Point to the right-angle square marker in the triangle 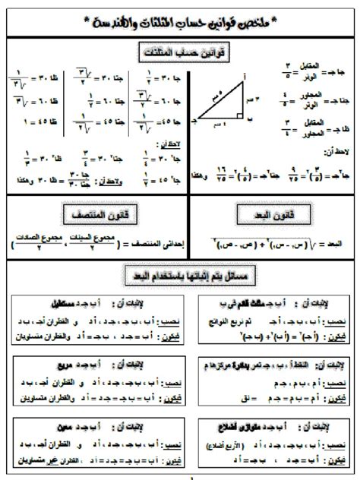(x=238, y=116)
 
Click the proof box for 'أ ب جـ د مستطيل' (x=93, y=320)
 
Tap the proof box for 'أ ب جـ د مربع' (x=93, y=381)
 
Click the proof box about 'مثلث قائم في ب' (x=268, y=320)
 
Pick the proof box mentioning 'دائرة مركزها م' (x=268, y=381)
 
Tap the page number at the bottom (x=180, y=475)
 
